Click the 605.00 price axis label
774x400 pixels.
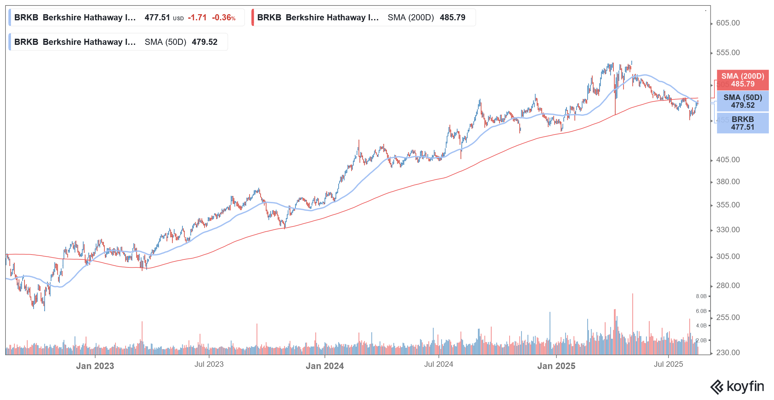coord(728,23)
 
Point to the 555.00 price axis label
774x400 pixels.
coord(728,53)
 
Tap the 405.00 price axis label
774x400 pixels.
coord(728,160)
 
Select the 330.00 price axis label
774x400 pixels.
coord(728,230)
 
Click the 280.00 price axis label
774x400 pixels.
coord(728,285)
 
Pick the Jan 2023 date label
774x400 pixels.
coord(95,366)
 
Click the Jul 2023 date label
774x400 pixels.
coord(209,364)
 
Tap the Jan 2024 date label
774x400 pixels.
coord(324,366)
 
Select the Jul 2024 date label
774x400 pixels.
coord(438,364)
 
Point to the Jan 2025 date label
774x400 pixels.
coord(556,366)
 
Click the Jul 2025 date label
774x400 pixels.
coord(668,364)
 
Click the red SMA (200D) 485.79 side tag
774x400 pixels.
coord(742,80)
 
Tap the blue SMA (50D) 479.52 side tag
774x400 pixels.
coord(742,101)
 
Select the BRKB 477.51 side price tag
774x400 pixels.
coord(742,123)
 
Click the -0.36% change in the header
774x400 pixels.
coord(223,17)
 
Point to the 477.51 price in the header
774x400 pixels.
coord(157,17)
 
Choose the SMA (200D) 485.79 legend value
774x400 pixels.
coord(426,17)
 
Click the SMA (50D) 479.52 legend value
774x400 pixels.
coord(181,42)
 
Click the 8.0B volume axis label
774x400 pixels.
coord(701,296)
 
